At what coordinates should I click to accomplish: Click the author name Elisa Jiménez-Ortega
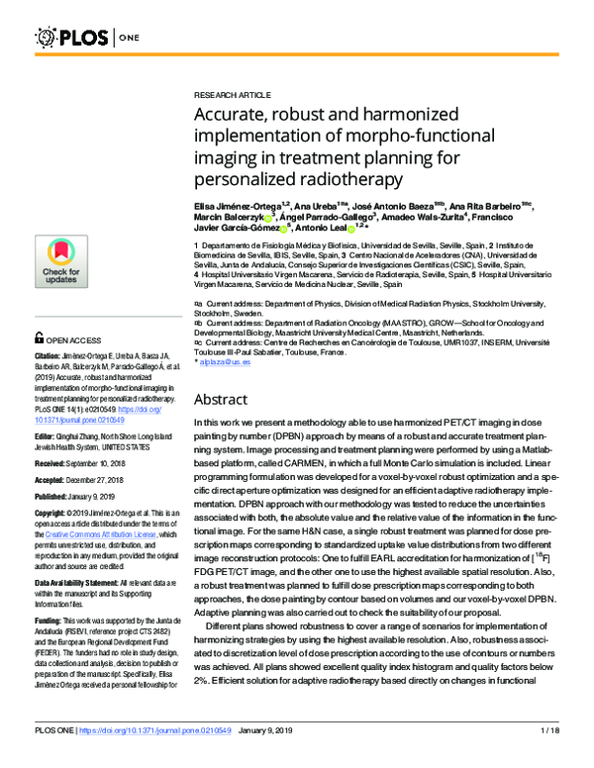click(x=238, y=203)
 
